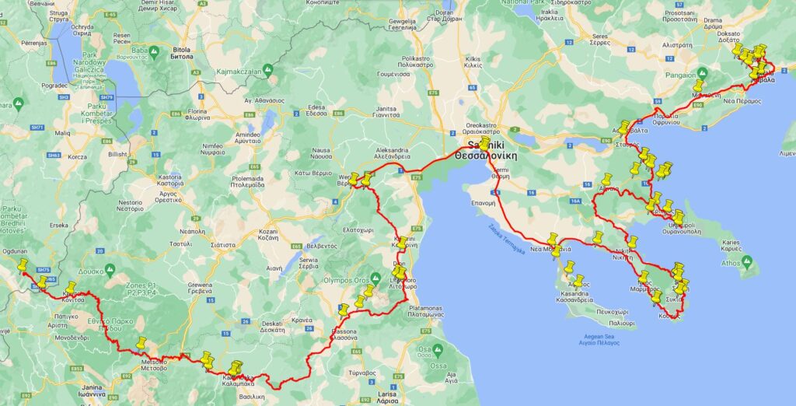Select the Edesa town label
tap(317, 110)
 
